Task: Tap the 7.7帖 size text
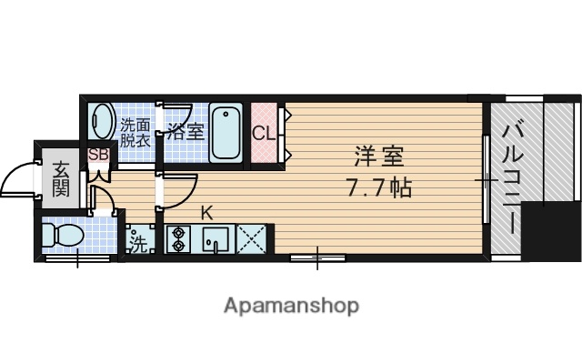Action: [x=378, y=188]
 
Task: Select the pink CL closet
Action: [x=264, y=134]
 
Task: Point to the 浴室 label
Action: [x=186, y=131]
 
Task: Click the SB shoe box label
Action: [x=98, y=155]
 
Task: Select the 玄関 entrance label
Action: [x=61, y=177]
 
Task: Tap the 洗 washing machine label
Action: [x=137, y=243]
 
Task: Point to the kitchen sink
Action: [x=215, y=238]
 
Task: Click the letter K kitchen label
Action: [x=206, y=214]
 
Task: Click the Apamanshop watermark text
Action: [x=291, y=305]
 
